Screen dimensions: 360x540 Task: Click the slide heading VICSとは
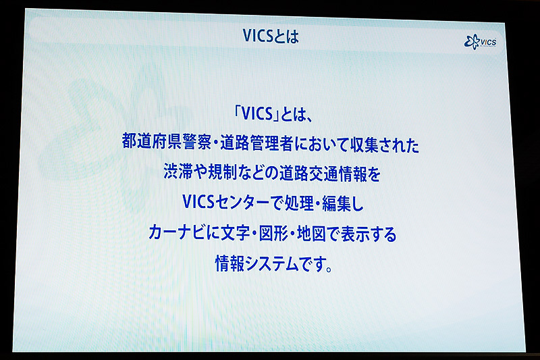tap(270, 37)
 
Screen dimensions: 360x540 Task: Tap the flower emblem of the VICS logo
tap(471, 43)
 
